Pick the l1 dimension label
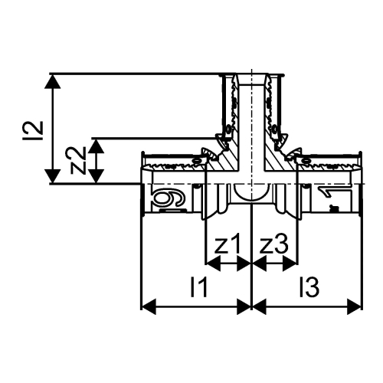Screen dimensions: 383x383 coord(198,288)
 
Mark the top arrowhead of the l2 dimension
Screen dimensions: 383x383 coord(52,80)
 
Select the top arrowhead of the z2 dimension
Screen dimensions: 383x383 coord(95,144)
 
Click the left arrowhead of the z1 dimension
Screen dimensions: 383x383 coord(213,264)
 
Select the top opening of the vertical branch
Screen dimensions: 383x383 coord(251,77)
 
